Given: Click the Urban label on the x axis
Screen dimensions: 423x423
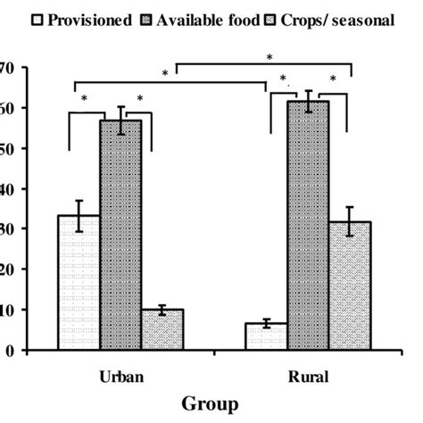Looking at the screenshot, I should pyautogui.click(x=120, y=377).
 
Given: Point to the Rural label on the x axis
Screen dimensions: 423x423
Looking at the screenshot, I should pyautogui.click(x=307, y=377).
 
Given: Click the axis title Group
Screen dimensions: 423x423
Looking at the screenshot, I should pyautogui.click(x=211, y=404).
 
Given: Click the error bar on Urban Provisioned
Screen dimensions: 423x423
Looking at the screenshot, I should pyautogui.click(x=79, y=216).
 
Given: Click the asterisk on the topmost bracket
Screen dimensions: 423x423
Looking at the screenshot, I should pyautogui.click(x=270, y=56).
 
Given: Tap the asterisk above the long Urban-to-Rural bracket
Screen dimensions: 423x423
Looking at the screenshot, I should pyautogui.click(x=166, y=72).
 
